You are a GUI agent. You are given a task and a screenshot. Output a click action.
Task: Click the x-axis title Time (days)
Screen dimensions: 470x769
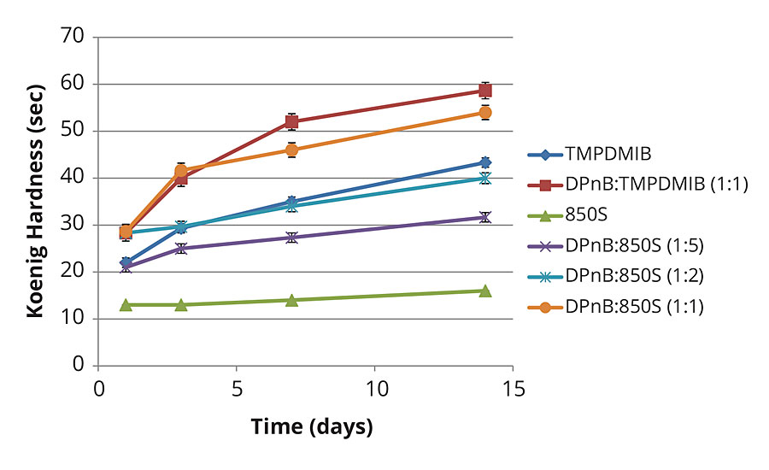[x=311, y=426]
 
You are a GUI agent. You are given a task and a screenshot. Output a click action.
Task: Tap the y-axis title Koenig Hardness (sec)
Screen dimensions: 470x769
[x=35, y=201]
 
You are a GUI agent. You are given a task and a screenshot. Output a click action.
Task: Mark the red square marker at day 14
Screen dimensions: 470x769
[x=484, y=91]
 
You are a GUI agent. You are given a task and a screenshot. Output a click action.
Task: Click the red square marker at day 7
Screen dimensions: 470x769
[x=291, y=122]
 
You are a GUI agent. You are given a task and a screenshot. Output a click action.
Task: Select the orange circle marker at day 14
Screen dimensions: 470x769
[x=484, y=113]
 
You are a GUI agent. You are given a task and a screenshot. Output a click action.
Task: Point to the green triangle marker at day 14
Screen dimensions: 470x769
[x=484, y=291]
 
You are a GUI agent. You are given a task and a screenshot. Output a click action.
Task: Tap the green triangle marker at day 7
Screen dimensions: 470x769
[x=291, y=300]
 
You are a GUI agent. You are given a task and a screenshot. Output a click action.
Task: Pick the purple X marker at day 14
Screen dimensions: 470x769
[x=484, y=217]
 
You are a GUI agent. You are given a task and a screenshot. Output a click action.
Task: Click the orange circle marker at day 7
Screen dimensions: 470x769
[x=291, y=150]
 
